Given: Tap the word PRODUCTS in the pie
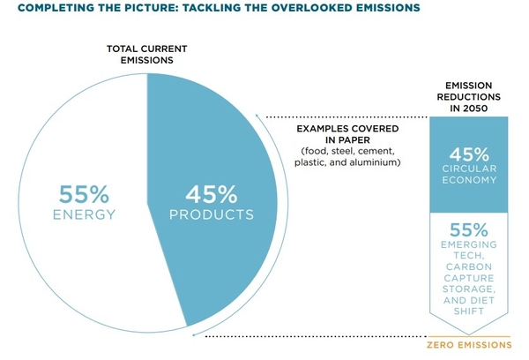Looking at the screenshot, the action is (x=212, y=214).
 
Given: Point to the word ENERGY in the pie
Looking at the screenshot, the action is (x=85, y=214).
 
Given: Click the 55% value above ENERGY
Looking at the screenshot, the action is (x=85, y=194).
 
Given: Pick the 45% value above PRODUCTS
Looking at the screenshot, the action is (x=212, y=194).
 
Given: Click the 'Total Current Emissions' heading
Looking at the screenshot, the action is (x=147, y=55).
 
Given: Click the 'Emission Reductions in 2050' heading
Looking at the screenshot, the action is (x=469, y=97).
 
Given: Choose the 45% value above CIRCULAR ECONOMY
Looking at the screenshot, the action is (x=469, y=154).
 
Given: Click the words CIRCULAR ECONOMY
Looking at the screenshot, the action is (x=469, y=174).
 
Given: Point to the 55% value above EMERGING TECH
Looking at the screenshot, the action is (x=469, y=230).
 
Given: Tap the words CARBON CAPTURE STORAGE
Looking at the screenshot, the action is (x=469, y=278).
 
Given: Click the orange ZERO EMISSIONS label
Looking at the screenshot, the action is (x=469, y=345).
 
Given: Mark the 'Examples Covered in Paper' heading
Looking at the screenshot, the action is (x=347, y=134).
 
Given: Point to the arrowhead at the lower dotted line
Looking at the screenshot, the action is (x=194, y=335).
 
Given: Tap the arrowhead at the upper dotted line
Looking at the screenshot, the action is (x=257, y=116).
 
